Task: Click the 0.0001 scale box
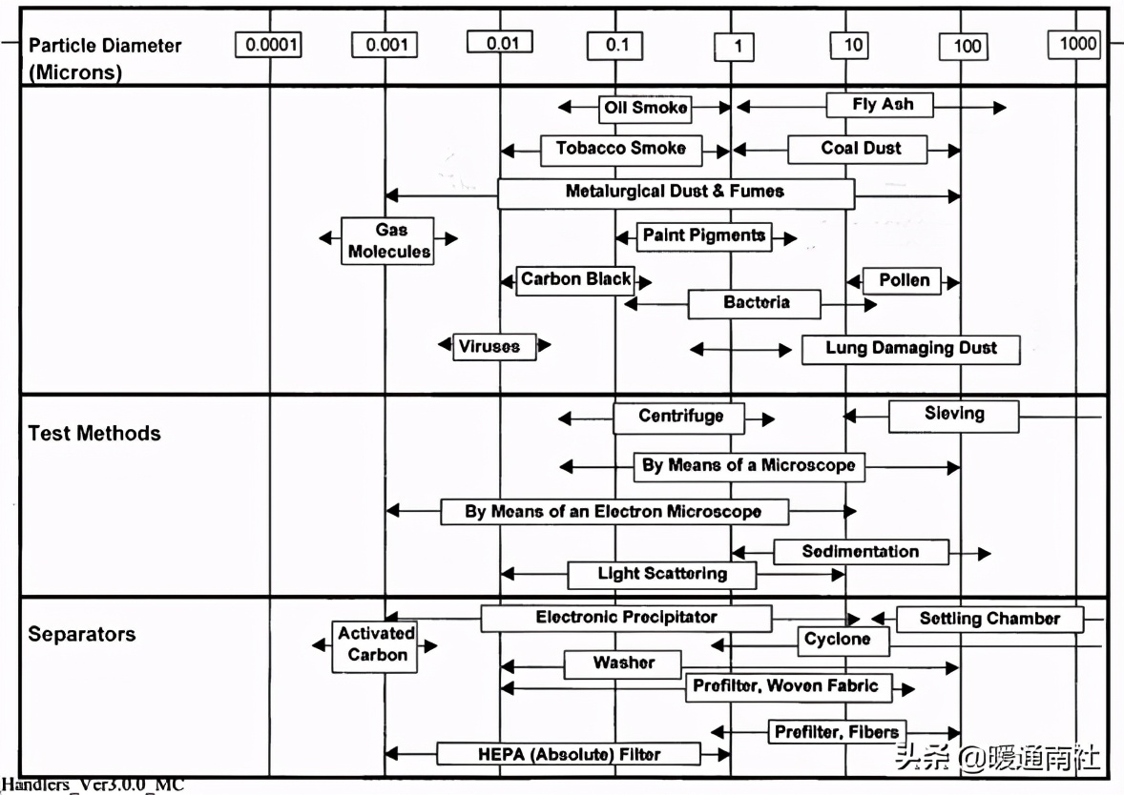click(268, 45)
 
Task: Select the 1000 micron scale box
click(1073, 45)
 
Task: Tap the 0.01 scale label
click(500, 42)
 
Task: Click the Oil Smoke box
click(645, 108)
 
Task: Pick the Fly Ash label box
click(880, 105)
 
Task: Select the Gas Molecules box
click(387, 240)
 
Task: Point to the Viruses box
click(494, 347)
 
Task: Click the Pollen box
click(901, 280)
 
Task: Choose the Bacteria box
click(754, 304)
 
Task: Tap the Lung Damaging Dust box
click(910, 350)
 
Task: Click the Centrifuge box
click(678, 418)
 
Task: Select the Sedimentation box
click(861, 552)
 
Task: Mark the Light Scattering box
click(661, 575)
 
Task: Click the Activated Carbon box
click(374, 646)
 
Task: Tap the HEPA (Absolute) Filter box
click(569, 753)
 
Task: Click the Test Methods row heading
click(94, 434)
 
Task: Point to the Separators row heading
click(82, 634)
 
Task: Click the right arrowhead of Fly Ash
click(1000, 108)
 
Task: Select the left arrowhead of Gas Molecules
click(325, 237)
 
